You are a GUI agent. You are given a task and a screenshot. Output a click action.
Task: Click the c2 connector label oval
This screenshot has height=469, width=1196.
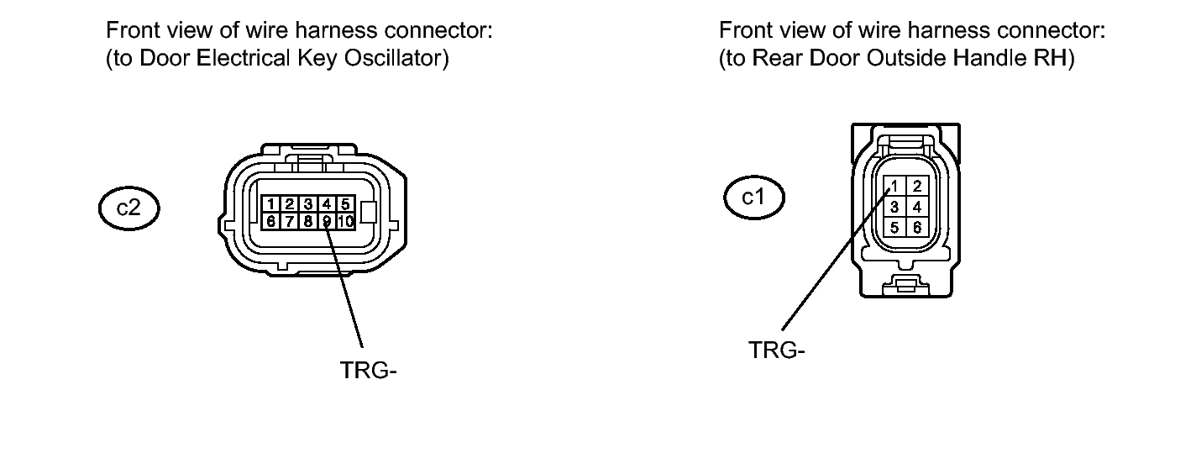click(x=128, y=208)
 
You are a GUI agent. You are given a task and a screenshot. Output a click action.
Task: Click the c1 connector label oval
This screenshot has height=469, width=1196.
click(x=754, y=198)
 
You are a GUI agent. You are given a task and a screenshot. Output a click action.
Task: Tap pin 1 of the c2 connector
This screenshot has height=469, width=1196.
click(x=270, y=204)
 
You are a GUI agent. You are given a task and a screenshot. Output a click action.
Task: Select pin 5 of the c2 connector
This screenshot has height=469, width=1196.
click(x=344, y=204)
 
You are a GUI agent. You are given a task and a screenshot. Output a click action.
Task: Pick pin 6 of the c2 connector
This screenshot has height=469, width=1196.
click(x=270, y=221)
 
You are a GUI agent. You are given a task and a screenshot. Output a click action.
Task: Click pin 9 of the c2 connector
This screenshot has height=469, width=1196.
click(x=327, y=221)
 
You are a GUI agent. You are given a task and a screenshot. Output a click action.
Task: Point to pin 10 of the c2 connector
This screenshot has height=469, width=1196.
click(x=345, y=221)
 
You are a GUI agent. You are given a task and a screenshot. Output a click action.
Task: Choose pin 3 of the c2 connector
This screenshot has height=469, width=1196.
click(x=308, y=204)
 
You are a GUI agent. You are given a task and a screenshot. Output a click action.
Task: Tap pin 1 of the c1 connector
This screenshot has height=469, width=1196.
click(x=895, y=186)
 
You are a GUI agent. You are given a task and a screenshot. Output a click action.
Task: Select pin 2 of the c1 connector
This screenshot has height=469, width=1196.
click(x=917, y=186)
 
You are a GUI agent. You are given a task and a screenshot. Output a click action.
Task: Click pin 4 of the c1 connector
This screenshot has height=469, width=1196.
click(x=917, y=206)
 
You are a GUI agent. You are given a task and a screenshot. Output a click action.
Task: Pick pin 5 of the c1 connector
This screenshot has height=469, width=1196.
click(x=895, y=227)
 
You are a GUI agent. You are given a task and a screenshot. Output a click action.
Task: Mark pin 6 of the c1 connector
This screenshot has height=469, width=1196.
click(x=917, y=227)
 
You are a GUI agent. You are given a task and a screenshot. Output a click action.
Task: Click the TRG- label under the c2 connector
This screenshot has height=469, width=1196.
click(x=367, y=371)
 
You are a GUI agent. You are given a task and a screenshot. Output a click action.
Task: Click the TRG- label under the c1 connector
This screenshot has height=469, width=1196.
click(x=776, y=350)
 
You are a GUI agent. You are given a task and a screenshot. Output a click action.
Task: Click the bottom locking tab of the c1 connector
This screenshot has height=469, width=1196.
click(x=905, y=283)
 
